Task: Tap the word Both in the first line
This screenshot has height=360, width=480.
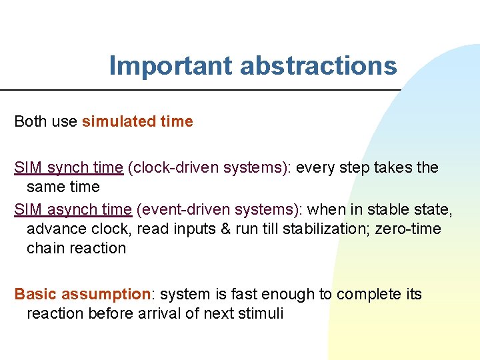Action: click(31, 121)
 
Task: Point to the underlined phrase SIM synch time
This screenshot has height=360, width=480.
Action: click(69, 167)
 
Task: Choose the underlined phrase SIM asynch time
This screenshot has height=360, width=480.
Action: click(73, 209)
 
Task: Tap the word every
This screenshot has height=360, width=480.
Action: click(315, 167)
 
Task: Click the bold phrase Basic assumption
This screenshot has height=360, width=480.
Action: click(83, 294)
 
